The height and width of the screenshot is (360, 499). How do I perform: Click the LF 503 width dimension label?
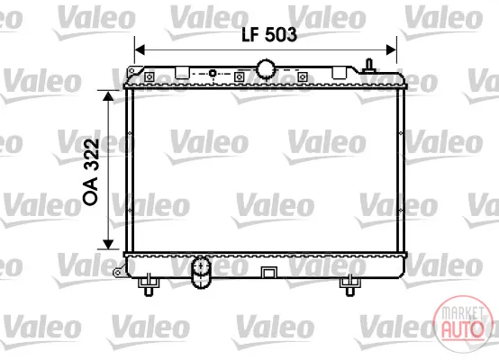(269, 34)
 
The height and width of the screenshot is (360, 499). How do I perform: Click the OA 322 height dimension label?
(91, 172)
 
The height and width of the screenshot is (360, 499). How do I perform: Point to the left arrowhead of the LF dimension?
(140, 49)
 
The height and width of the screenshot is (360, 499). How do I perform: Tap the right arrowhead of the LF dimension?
(391, 49)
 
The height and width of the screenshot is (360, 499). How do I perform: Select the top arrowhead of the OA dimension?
(108, 96)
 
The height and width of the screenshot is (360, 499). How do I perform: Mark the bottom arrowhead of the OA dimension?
(108, 244)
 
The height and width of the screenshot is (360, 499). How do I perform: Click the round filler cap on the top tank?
(266, 68)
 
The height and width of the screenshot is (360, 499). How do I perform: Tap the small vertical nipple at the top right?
(369, 66)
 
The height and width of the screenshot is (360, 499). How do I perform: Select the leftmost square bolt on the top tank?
(149, 76)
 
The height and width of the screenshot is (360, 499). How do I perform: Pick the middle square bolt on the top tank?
(239, 76)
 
